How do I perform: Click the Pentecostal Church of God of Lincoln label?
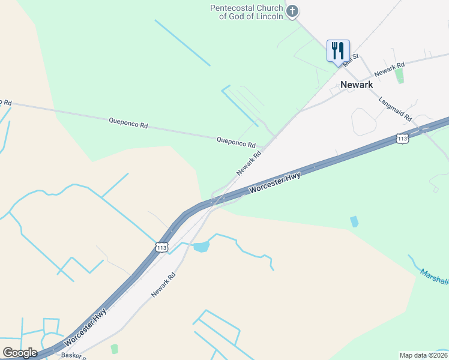[x=246, y=12]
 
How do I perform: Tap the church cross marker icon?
[x=292, y=11]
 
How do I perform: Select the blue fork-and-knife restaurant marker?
[x=338, y=50]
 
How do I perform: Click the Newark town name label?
[x=357, y=85]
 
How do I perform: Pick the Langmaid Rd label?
[x=394, y=109]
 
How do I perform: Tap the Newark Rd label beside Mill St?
[x=389, y=69]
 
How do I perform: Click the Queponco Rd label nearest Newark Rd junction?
[x=236, y=142]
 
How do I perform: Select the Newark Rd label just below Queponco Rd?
[x=249, y=163]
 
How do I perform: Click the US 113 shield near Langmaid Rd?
[x=402, y=139]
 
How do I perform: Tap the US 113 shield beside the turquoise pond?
[x=161, y=247]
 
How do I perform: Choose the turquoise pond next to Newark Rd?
[x=202, y=247]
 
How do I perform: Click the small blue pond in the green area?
[x=354, y=221]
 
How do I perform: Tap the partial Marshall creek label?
[x=433, y=277]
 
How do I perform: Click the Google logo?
[x=20, y=352]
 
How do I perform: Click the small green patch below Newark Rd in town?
[x=399, y=76]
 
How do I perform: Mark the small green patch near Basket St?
[x=115, y=349]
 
